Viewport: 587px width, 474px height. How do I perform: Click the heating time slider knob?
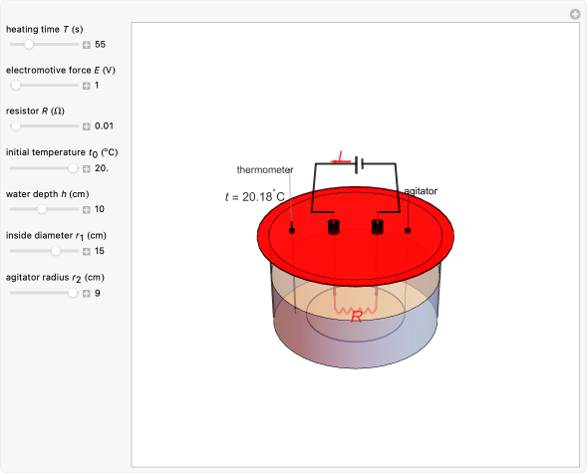click(29, 45)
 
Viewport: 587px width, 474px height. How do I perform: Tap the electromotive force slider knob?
click(16, 86)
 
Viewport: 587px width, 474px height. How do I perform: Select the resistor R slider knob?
click(16, 126)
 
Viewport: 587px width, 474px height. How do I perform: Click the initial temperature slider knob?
click(73, 168)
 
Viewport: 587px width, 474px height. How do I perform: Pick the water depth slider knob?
click(42, 209)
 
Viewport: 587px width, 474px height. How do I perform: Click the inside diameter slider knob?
click(56, 251)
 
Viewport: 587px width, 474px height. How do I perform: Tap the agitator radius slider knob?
click(73, 293)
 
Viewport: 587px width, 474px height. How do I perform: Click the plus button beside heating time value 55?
click(87, 45)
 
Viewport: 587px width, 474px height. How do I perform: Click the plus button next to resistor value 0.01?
click(87, 126)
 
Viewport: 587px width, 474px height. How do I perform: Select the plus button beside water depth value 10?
click(87, 209)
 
